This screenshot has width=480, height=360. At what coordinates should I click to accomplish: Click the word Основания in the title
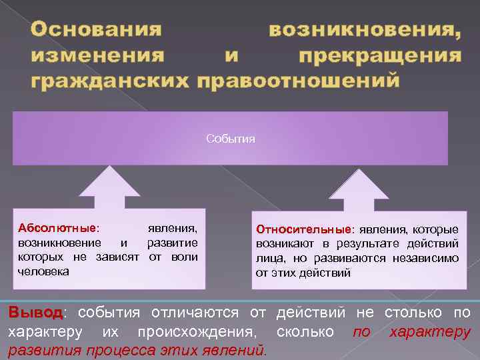coord(96,30)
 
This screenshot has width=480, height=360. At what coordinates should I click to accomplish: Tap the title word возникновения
coord(364,30)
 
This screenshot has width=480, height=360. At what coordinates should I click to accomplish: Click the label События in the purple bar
coord(231,139)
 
